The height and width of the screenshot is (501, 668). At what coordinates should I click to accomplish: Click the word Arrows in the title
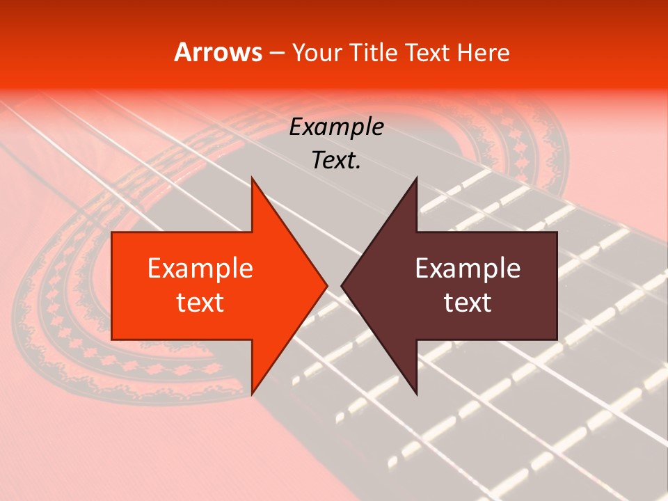coord(218,53)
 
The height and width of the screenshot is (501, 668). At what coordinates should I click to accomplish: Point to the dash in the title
coord(276,54)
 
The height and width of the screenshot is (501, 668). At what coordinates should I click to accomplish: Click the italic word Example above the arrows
coord(336,127)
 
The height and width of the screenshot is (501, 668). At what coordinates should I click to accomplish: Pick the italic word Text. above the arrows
coord(336,161)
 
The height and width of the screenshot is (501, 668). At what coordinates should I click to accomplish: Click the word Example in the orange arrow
coord(200,269)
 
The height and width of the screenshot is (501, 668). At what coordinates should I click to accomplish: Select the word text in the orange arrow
coord(200,303)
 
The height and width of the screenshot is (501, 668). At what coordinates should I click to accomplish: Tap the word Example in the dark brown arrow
coord(468,269)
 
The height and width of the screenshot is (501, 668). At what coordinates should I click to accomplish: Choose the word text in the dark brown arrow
coord(468,303)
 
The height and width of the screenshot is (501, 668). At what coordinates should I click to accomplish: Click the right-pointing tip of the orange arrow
coord(327,286)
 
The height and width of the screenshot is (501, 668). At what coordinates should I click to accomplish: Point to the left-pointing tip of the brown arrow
coord(342,286)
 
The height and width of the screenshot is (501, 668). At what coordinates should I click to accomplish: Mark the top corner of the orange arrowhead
coord(252,177)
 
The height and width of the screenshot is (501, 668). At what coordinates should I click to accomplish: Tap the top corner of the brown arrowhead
coord(416,177)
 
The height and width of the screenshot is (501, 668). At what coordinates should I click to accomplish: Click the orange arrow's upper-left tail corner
coord(112,232)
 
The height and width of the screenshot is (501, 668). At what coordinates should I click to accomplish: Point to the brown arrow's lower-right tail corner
coord(557,340)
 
